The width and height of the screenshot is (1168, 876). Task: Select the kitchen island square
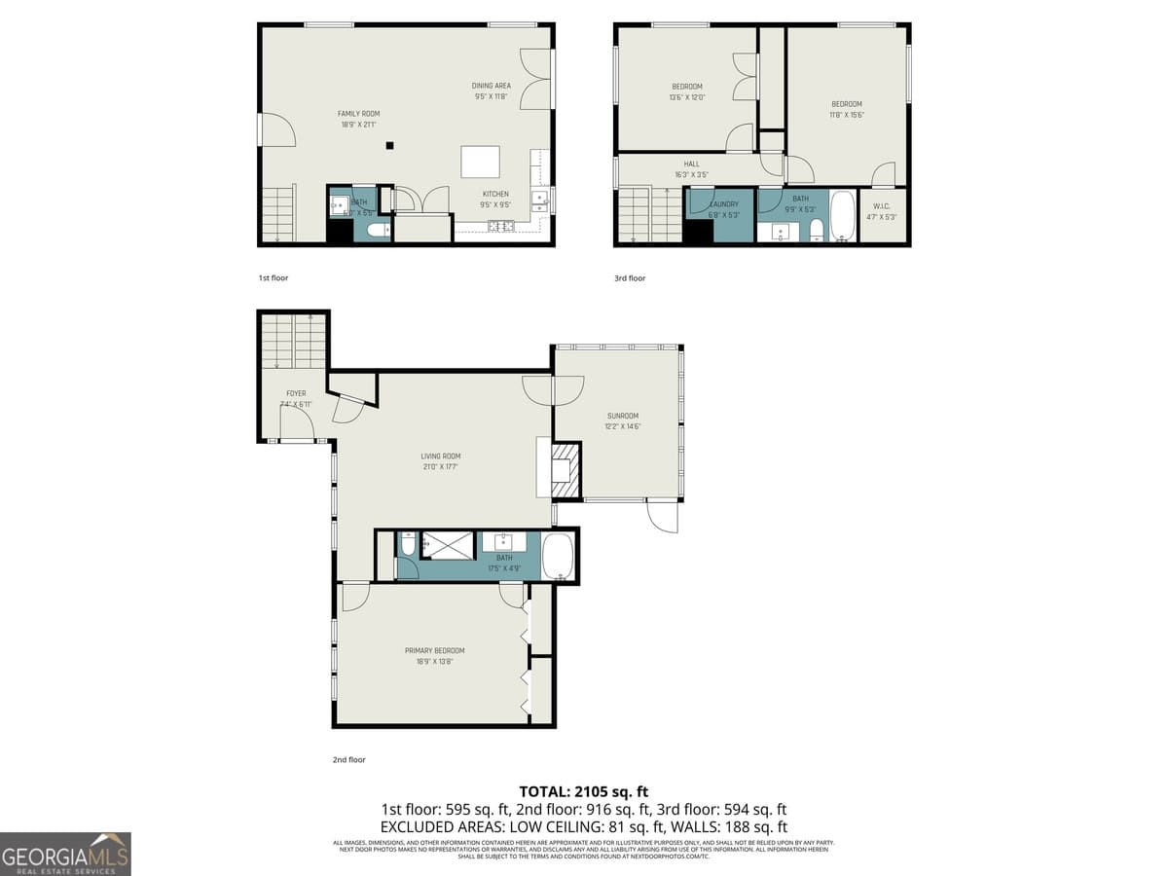click(x=480, y=160)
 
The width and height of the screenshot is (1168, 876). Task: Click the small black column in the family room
click(x=389, y=146)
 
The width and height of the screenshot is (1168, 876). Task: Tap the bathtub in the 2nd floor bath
click(x=558, y=556)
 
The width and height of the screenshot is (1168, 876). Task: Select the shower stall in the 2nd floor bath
click(x=447, y=545)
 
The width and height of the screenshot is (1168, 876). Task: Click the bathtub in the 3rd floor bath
click(x=842, y=216)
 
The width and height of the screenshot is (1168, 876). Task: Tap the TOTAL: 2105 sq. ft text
click(x=584, y=792)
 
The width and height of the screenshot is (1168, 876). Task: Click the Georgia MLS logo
click(x=65, y=854)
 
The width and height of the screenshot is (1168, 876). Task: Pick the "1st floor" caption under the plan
click(x=274, y=278)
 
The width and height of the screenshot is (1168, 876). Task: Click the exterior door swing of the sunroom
click(x=662, y=516)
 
